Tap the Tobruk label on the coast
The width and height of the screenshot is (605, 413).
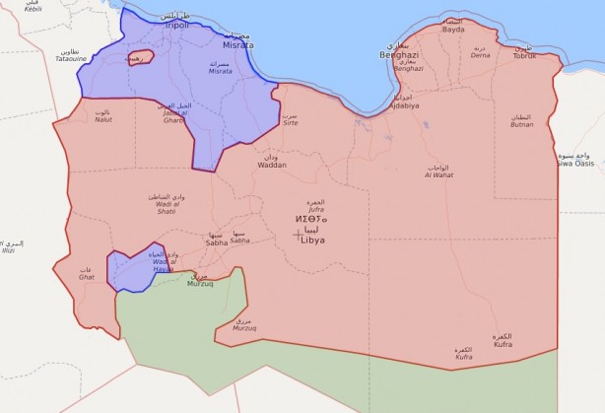tap(522, 54)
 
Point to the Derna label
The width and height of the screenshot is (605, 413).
tap(480, 55)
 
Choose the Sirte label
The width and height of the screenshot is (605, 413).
tap(290, 123)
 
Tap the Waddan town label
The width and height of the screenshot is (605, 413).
tap(271, 164)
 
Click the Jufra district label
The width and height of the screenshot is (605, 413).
tap(316, 208)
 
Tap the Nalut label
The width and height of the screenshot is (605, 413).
tap(101, 119)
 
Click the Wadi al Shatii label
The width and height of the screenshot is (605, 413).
tap(166, 208)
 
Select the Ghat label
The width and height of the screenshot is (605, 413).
tap(86, 277)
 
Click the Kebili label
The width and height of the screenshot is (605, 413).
tap(33, 8)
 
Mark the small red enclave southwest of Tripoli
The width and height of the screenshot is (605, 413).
tap(139, 59)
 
